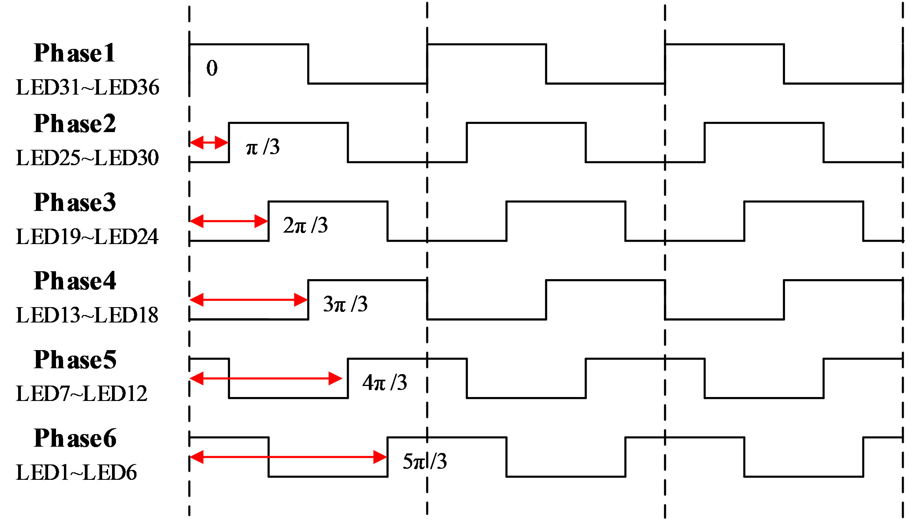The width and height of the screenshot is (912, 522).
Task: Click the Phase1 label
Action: pyautogui.click(x=75, y=53)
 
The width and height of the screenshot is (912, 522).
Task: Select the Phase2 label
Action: pyautogui.click(x=75, y=123)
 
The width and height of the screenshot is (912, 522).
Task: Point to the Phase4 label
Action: pyautogui.click(x=75, y=281)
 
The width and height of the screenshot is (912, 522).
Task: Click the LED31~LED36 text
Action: pyautogui.click(x=88, y=87)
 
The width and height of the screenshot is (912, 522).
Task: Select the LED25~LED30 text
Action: pyautogui.click(x=87, y=158)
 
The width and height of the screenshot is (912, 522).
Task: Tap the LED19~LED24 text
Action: pyautogui.click(x=87, y=237)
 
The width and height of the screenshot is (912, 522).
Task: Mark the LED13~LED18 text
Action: pyautogui.click(x=87, y=315)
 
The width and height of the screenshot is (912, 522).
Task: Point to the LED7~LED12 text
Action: pyautogui.click(x=82, y=393)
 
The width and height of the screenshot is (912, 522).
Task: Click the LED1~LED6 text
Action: pyautogui.click(x=76, y=472)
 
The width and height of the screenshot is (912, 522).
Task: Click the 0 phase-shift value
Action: pyautogui.click(x=212, y=68)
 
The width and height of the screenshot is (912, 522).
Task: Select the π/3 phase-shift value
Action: pyautogui.click(x=263, y=147)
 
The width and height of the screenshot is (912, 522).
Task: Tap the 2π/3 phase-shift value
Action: pyautogui.click(x=305, y=226)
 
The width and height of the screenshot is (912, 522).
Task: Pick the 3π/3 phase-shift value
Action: pyautogui.click(x=345, y=304)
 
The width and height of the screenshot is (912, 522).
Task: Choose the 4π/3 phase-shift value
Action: pyautogui.click(x=385, y=382)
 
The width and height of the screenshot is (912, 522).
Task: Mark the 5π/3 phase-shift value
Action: pyautogui.click(x=424, y=461)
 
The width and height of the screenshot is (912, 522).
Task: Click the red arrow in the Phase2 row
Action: pyautogui.click(x=209, y=142)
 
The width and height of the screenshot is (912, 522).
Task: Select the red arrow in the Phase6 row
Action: pyautogui.click(x=288, y=457)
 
